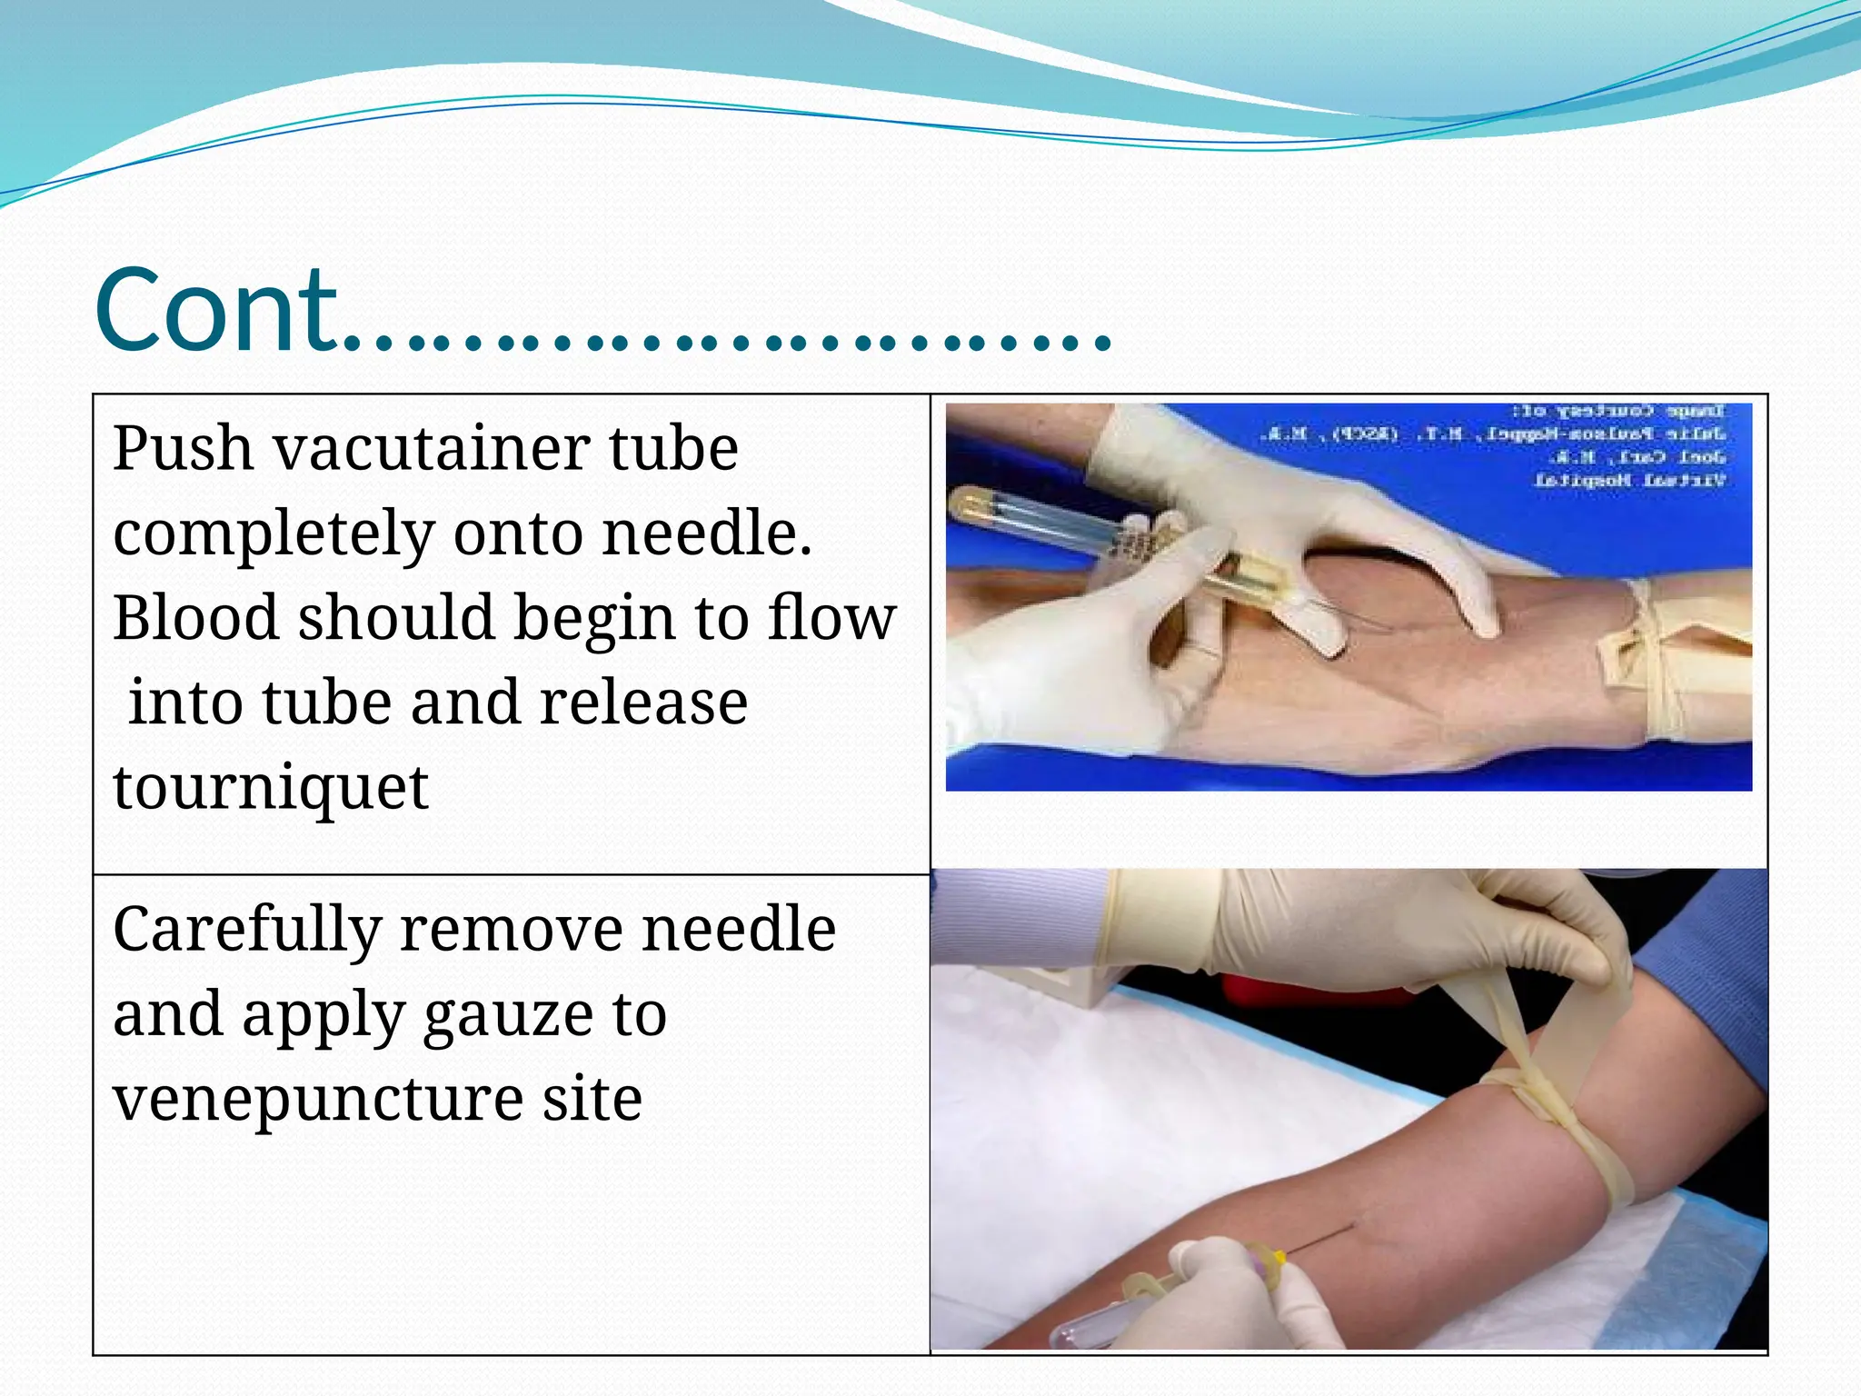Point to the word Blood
click(195, 618)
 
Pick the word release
click(643, 703)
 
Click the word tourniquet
click(270, 788)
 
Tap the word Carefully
click(246, 931)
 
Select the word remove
click(512, 929)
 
